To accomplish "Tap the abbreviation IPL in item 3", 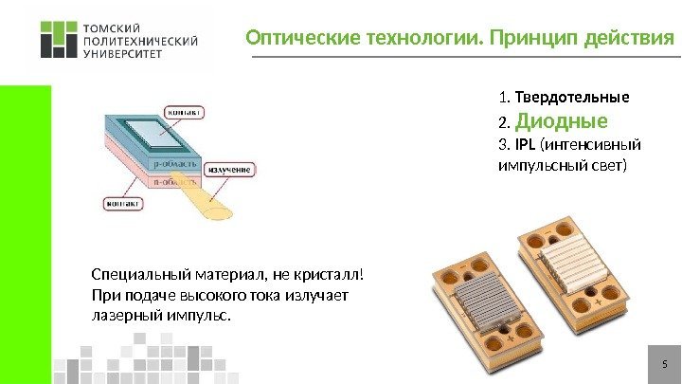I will click(525, 146).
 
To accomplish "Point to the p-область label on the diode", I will click(174, 163).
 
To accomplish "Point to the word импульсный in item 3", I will click(537, 166).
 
